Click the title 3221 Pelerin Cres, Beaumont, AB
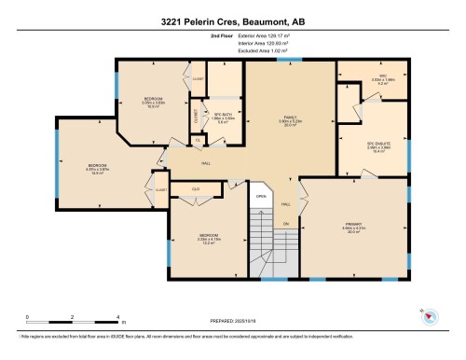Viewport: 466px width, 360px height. click(232, 12)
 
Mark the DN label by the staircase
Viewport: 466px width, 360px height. click(284, 225)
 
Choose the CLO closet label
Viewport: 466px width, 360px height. click(196, 188)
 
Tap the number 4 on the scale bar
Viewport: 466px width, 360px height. click(117, 318)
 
